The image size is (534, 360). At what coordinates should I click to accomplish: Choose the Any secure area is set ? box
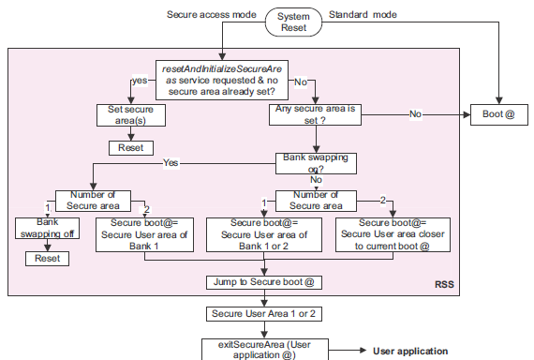click(x=316, y=115)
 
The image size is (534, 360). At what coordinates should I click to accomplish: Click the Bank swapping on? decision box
click(x=316, y=163)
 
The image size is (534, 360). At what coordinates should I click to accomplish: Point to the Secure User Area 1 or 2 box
click(x=265, y=314)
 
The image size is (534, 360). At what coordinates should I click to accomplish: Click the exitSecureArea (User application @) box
click(x=265, y=350)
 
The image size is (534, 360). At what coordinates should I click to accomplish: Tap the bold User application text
click(x=410, y=351)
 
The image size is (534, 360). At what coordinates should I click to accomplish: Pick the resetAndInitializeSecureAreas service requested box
click(x=222, y=79)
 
